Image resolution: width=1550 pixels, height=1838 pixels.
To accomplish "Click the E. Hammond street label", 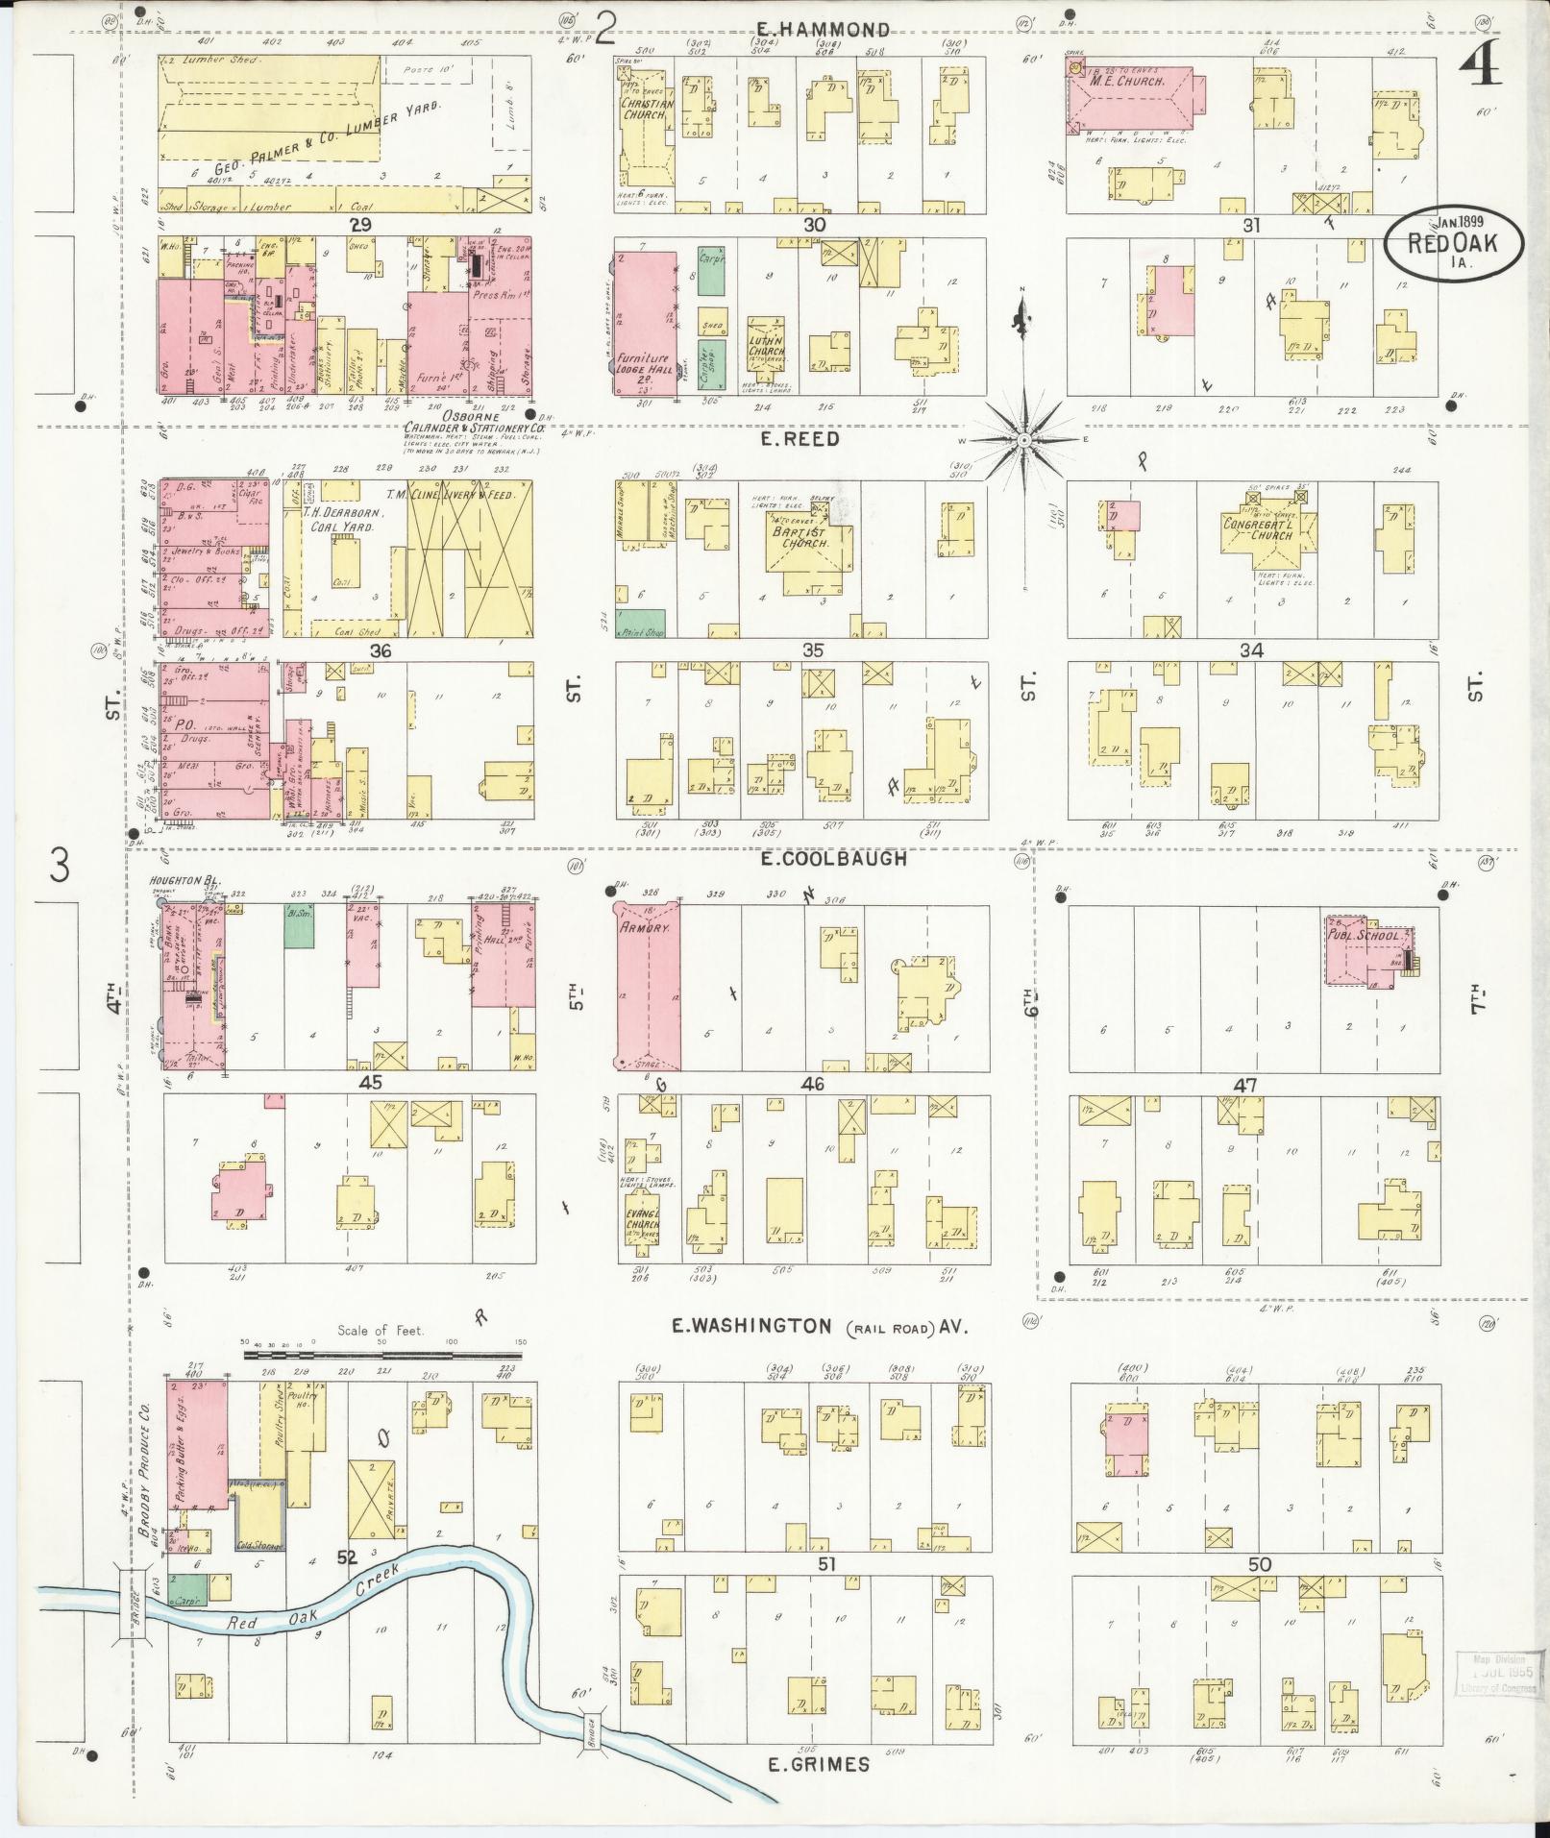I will click(821, 30).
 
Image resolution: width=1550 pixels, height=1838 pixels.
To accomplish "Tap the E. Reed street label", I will click(800, 439).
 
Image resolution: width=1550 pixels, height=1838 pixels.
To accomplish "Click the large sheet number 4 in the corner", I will click(1486, 63).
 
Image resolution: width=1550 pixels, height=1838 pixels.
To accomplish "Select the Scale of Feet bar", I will click(383, 1356).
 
